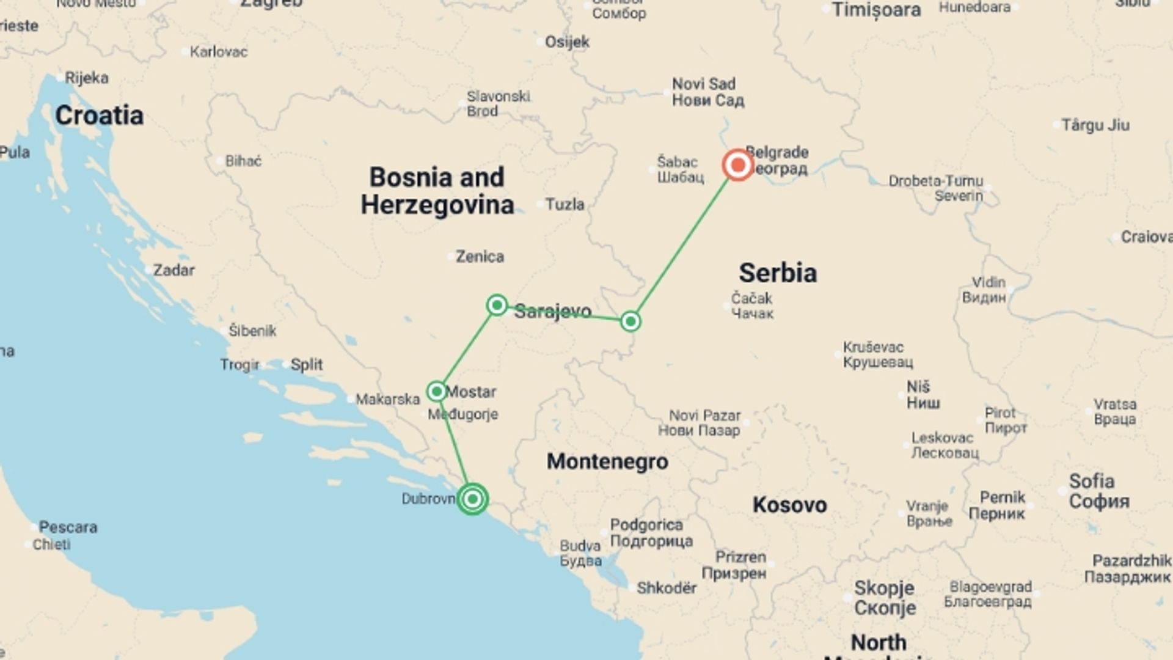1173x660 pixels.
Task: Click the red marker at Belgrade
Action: click(737, 165)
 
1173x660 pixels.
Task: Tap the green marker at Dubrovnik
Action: click(472, 499)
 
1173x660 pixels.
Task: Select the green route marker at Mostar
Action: click(437, 391)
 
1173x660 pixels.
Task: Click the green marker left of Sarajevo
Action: click(497, 304)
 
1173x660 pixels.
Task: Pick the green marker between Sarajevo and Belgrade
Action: click(630, 321)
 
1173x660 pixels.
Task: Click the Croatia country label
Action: click(99, 116)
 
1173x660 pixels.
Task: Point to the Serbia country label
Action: click(777, 273)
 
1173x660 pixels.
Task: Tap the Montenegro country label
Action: click(607, 461)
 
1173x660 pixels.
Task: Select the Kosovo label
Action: click(789, 505)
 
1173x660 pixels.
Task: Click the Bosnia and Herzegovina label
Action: click(437, 191)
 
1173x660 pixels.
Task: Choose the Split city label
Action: click(306, 365)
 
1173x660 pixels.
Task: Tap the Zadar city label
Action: click(174, 270)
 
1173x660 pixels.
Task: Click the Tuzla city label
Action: click(565, 204)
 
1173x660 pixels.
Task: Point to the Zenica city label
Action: click(480, 257)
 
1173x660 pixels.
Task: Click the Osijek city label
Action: click(567, 42)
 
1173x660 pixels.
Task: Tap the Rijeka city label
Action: click(87, 78)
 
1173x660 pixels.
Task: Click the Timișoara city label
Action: click(876, 10)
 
